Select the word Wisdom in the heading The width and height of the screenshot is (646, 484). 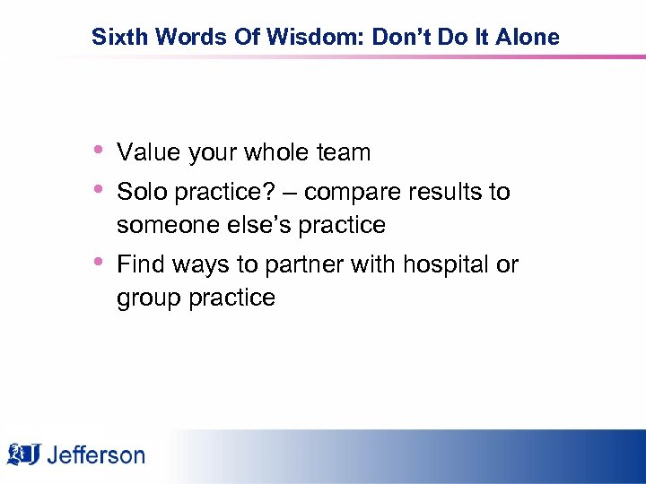pos(266,37)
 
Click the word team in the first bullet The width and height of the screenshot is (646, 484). pos(344,153)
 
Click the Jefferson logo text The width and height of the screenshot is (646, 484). pos(95,455)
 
